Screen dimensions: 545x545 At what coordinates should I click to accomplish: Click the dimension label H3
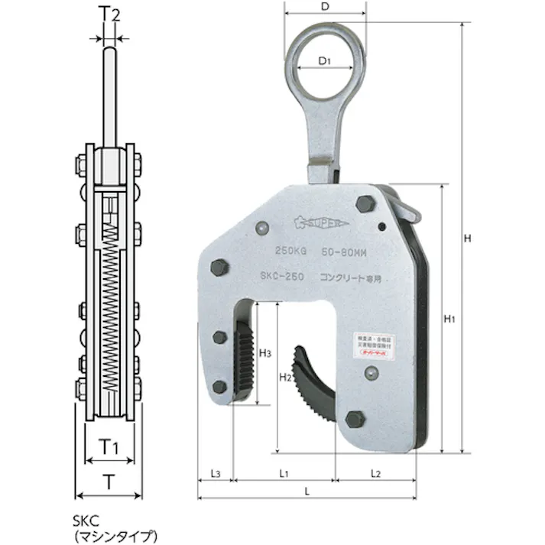(x=265, y=353)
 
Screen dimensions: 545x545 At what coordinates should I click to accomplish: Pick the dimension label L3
(x=216, y=474)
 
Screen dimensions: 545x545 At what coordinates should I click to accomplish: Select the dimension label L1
(x=284, y=474)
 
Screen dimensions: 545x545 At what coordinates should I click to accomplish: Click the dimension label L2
(x=375, y=474)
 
